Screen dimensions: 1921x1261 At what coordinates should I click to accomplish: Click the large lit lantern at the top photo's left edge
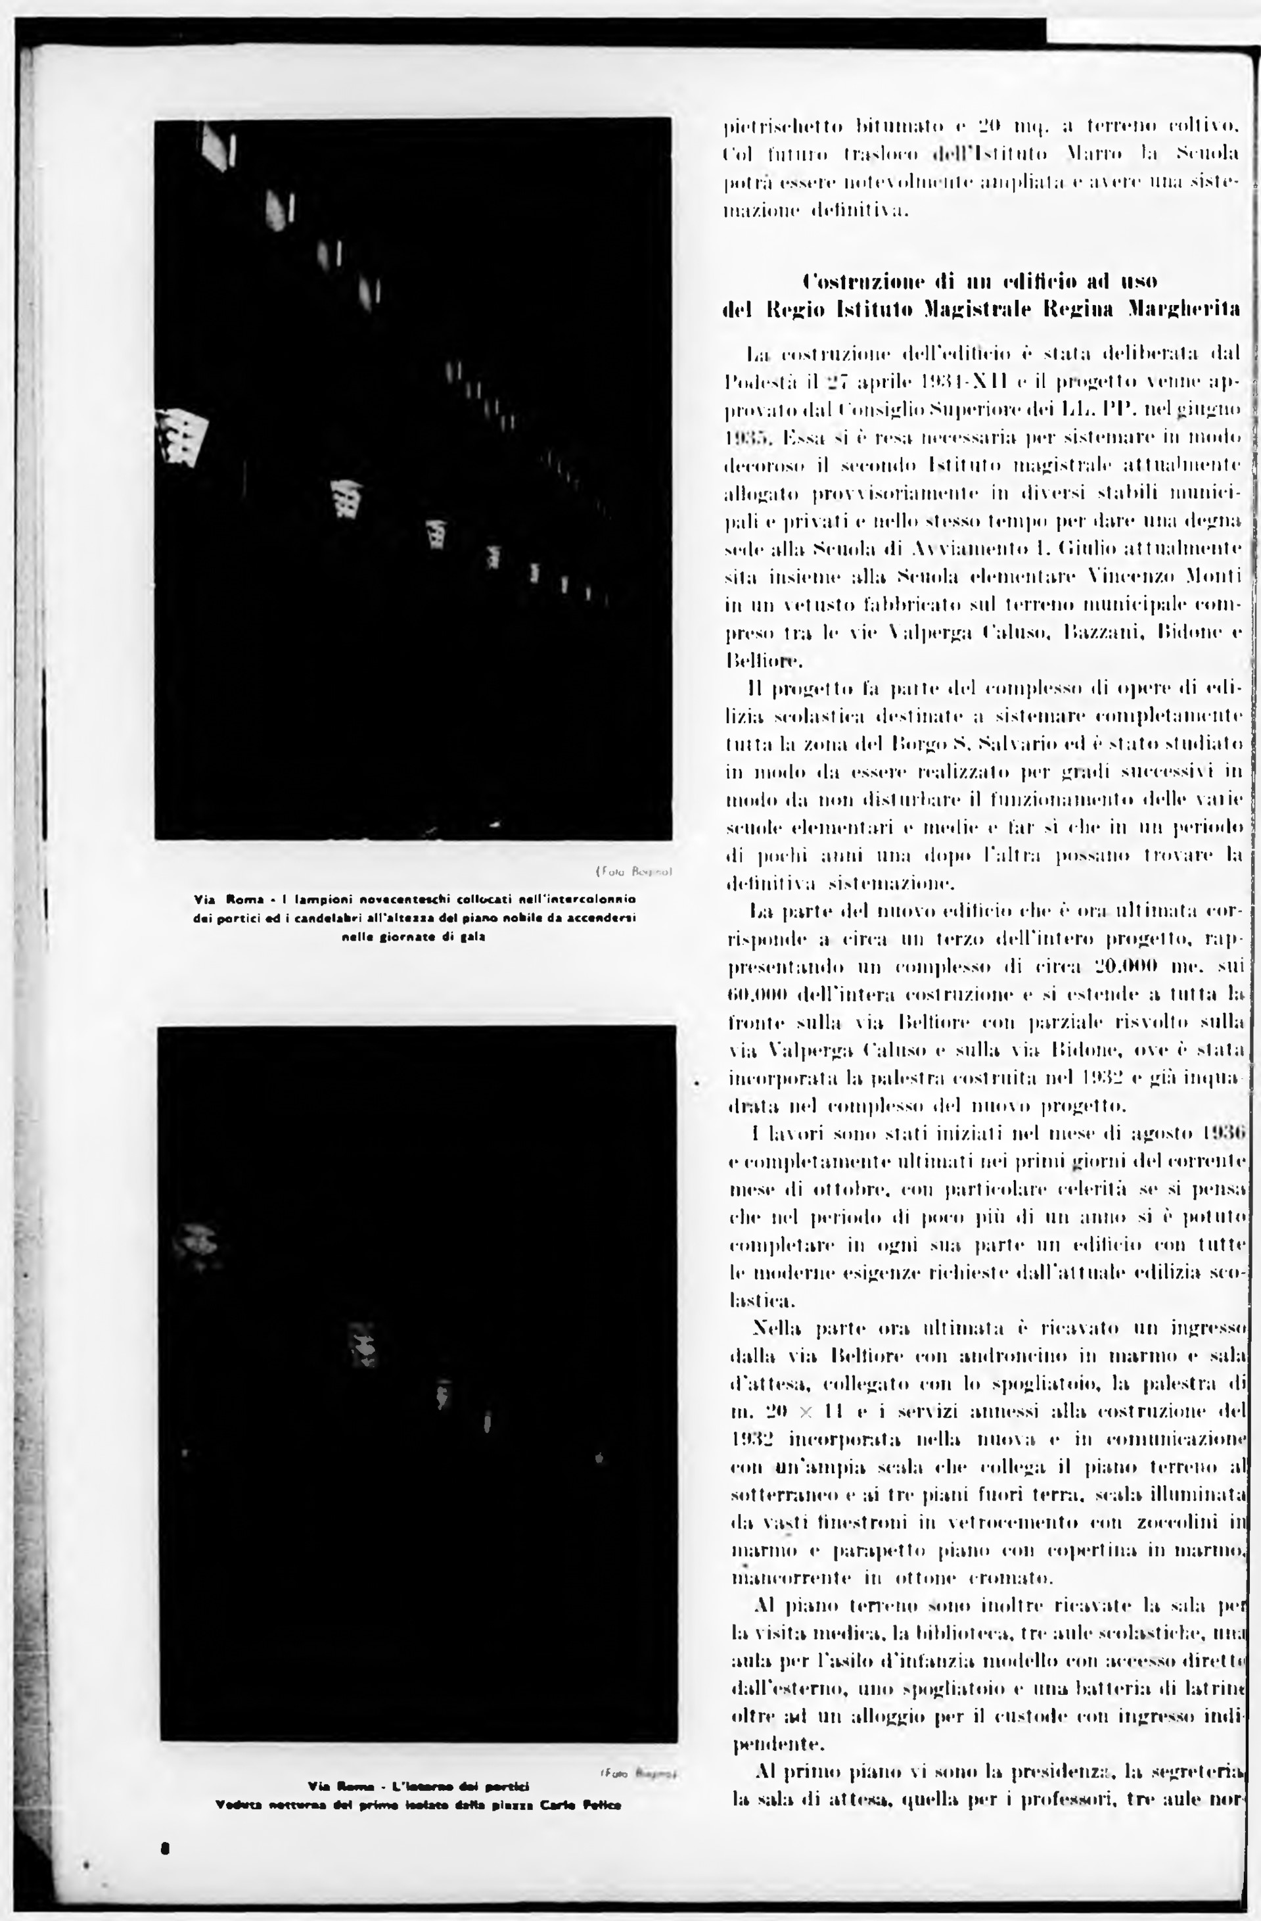(x=184, y=436)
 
